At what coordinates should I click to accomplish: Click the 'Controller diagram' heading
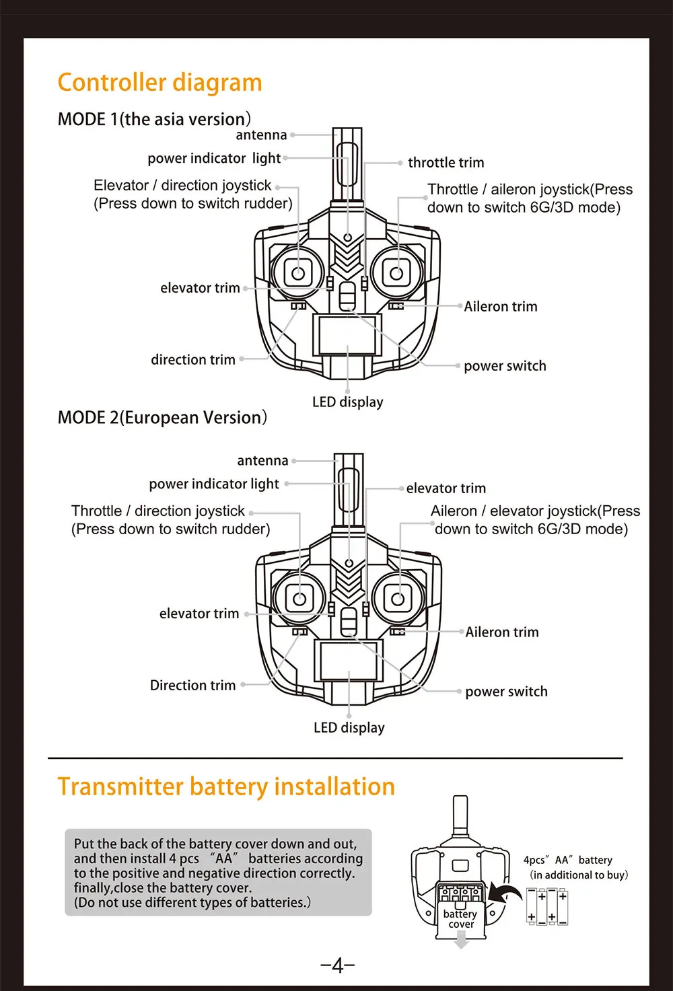point(160,83)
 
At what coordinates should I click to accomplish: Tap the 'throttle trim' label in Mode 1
point(446,163)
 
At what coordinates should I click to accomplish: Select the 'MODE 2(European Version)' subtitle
point(162,418)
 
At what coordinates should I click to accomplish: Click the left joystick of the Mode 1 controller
point(298,273)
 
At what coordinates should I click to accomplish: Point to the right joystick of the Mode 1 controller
point(396,273)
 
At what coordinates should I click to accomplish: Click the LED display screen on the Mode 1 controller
point(348,334)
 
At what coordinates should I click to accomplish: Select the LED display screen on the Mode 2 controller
point(349,660)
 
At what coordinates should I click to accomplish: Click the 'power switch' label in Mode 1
point(505,366)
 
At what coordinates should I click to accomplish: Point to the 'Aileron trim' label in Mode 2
point(502,632)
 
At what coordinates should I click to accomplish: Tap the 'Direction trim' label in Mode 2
point(192,686)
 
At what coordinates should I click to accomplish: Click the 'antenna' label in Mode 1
point(261,135)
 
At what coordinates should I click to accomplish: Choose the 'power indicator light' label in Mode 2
point(214,484)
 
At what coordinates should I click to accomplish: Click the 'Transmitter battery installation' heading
point(226,786)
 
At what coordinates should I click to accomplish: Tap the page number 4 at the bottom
point(338,966)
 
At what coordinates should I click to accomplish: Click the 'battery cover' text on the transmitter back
point(460,919)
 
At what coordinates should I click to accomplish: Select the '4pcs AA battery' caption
point(568,860)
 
